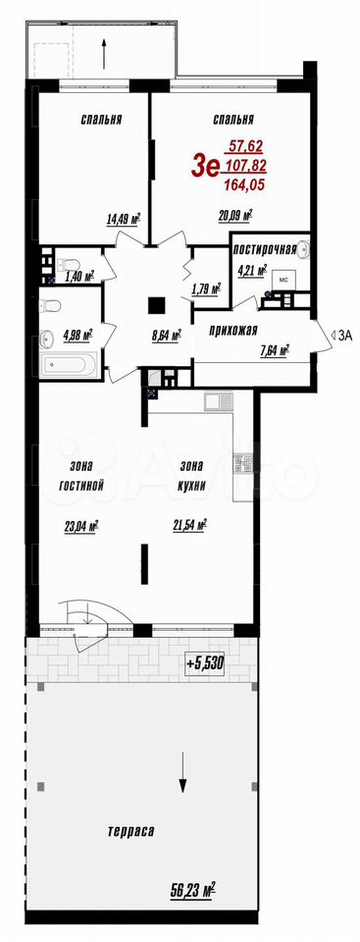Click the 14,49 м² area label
[x=124, y=219]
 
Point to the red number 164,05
[x=244, y=185]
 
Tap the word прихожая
[x=233, y=330]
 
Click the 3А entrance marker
[x=340, y=336]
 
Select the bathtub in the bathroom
[x=70, y=366]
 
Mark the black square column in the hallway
[x=158, y=306]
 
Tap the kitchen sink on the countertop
[x=215, y=399]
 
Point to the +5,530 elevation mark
[x=205, y=663]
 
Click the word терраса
[x=131, y=832]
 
